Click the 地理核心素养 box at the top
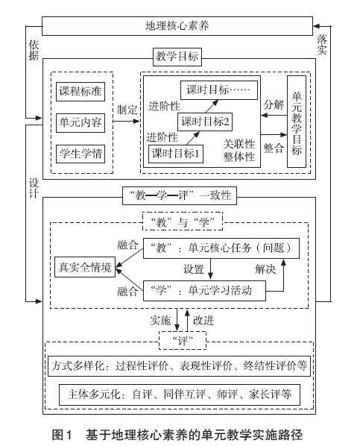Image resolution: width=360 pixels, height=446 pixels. [177, 26]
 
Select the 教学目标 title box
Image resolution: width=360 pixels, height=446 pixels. [177, 57]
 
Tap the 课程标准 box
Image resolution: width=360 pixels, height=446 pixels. [80, 92]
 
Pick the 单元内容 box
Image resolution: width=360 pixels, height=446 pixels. [80, 123]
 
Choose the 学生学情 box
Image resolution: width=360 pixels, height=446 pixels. [80, 154]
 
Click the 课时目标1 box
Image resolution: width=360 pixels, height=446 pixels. [176, 154]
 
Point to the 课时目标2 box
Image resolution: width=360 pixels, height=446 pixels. [205, 122]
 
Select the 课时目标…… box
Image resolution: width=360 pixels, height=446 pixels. [219, 90]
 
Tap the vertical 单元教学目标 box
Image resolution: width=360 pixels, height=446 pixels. [297, 122]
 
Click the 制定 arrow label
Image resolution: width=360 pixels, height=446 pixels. [127, 110]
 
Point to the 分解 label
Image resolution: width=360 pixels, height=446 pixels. [274, 104]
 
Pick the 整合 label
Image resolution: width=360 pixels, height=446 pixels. [274, 148]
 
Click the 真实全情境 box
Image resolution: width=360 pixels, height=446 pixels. [85, 267]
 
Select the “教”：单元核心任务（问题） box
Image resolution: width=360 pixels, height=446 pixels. [221, 248]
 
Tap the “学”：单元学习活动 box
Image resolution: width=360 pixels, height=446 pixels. [204, 291]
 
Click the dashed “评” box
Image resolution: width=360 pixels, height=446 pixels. [183, 340]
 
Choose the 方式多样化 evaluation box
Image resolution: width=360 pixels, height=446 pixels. [179, 365]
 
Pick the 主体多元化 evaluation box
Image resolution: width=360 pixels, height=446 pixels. [180, 395]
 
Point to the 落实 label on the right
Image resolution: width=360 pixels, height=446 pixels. [322, 45]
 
